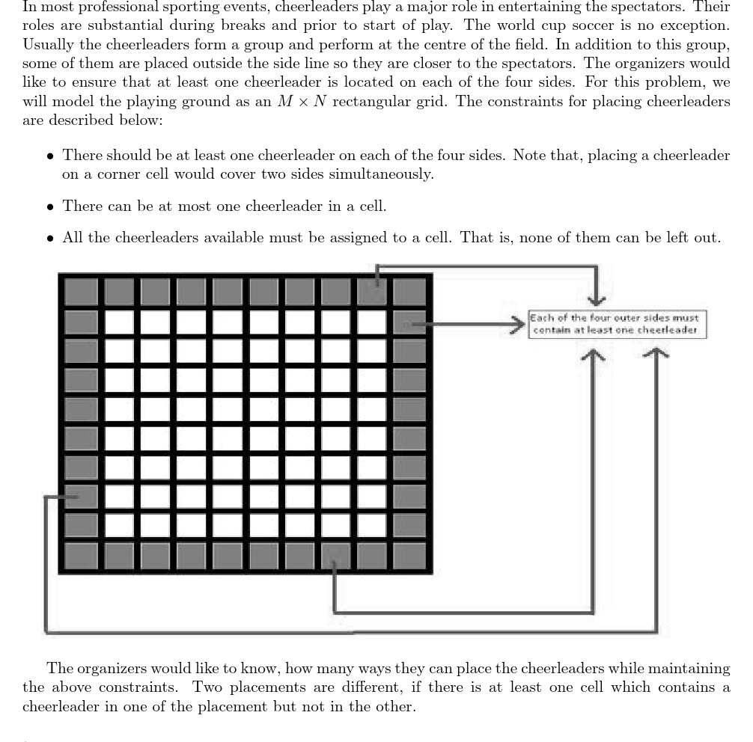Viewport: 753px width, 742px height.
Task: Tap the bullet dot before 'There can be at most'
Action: tap(50, 206)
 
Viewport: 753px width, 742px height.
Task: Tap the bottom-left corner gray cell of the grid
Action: tap(81, 556)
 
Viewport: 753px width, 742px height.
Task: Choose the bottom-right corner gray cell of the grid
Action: tap(409, 556)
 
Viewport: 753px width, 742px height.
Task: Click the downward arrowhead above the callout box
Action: tap(596, 300)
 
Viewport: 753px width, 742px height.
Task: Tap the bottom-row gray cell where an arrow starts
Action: tap(336, 556)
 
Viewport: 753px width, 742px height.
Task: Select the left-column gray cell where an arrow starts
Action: tap(81, 497)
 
